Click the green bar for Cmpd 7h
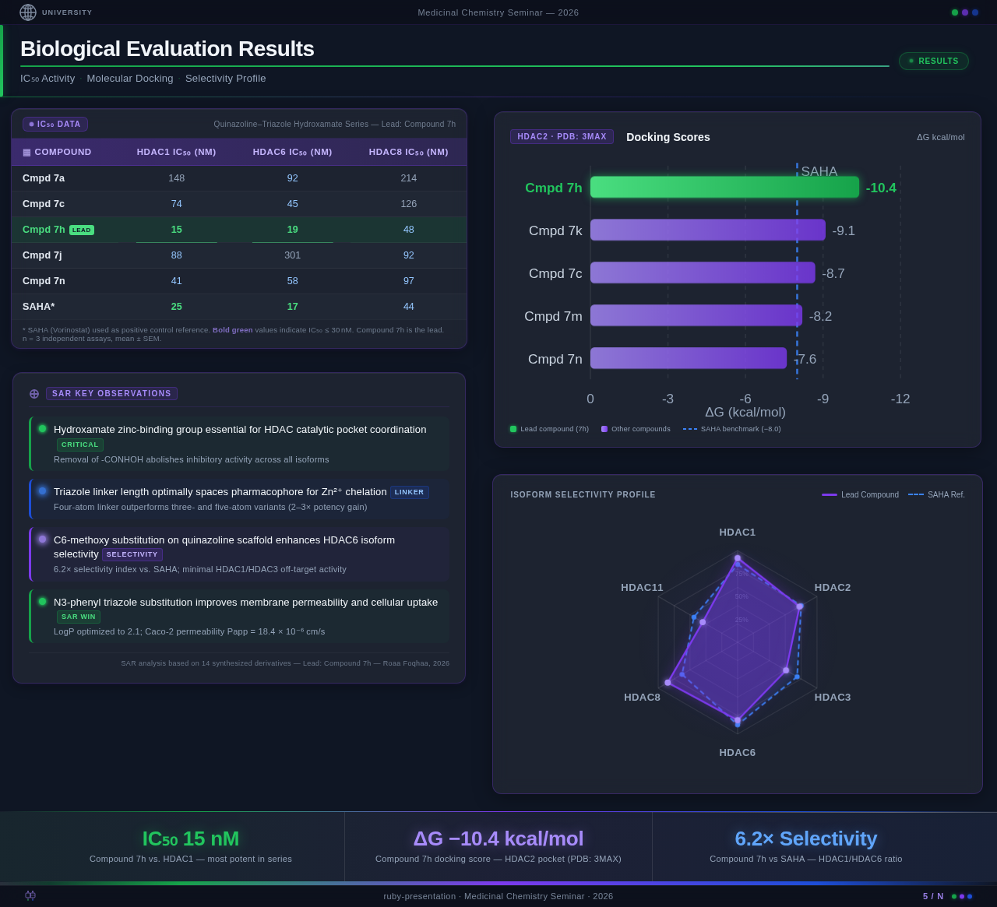coord(724,187)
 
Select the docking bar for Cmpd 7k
coord(707,230)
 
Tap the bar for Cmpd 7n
coord(689,358)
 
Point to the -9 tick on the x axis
coord(823,399)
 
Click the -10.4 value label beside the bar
coord(881,188)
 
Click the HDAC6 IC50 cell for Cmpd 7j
coord(292,255)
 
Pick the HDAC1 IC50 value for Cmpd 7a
coord(176,178)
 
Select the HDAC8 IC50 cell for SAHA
coord(408,307)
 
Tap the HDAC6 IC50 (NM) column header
coord(292,152)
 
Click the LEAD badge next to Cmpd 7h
coord(82,230)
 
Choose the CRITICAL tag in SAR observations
coord(80,445)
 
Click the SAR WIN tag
coord(79,617)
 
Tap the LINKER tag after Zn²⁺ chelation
coord(409,492)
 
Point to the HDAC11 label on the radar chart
coord(642,588)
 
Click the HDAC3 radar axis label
coord(832,698)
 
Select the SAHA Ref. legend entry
coord(936,495)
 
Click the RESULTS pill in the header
coord(933,62)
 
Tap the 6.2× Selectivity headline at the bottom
coord(805,838)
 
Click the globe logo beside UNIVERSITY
coord(28,12)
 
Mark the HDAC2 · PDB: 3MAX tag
coord(562,137)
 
